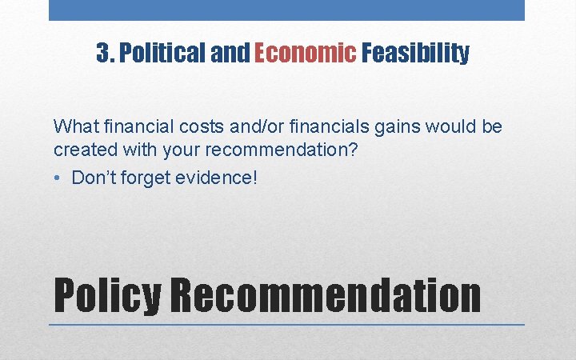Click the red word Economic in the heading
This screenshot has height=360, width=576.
[305, 54]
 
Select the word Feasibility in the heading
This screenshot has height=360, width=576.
[415, 54]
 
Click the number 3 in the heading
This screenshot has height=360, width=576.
[102, 54]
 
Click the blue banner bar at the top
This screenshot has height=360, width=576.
[286, 10]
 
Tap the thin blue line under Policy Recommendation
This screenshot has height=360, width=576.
[286, 325]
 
